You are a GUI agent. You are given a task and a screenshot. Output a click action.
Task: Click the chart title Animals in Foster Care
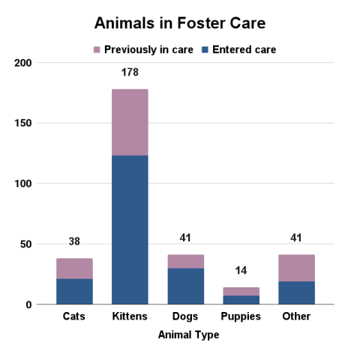180,23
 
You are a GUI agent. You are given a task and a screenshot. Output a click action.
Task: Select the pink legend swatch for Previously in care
97,49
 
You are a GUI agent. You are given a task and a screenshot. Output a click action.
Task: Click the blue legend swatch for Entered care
205,49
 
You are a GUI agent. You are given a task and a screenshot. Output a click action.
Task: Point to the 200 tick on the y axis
24,63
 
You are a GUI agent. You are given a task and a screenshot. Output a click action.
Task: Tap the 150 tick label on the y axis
24,123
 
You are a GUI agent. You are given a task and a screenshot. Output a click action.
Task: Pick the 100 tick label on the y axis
24,184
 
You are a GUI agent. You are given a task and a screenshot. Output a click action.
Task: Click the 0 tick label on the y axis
28,304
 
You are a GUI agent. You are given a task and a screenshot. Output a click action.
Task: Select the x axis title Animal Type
188,335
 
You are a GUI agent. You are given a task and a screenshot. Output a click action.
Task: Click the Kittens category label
129,316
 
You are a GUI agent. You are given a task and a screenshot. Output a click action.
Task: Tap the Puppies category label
241,316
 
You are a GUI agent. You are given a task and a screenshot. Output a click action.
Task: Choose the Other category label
296,316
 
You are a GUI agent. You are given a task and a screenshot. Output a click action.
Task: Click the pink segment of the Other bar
296,268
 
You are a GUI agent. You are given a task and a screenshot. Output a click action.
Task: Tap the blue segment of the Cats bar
74,291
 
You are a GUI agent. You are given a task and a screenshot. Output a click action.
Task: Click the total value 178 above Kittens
130,73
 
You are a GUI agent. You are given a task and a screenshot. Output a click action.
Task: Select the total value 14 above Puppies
241,271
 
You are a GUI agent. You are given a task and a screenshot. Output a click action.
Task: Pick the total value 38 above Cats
74,241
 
